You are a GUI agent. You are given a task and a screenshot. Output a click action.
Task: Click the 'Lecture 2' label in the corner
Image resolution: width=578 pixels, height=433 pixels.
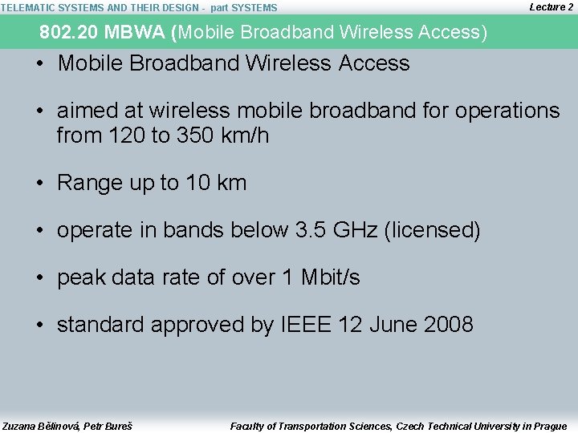[x=552, y=7]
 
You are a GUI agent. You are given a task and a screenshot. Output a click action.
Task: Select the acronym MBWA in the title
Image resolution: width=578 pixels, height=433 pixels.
[x=131, y=33]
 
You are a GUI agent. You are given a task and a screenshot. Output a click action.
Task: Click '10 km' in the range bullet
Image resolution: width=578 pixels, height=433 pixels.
[x=216, y=183]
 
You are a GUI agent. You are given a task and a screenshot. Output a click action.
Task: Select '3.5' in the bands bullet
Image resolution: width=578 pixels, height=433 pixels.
[x=312, y=230]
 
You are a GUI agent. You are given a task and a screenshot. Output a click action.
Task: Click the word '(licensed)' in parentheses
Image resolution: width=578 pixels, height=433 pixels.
[x=433, y=230]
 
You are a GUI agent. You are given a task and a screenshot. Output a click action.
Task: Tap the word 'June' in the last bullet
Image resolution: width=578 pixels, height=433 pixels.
[x=393, y=325]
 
